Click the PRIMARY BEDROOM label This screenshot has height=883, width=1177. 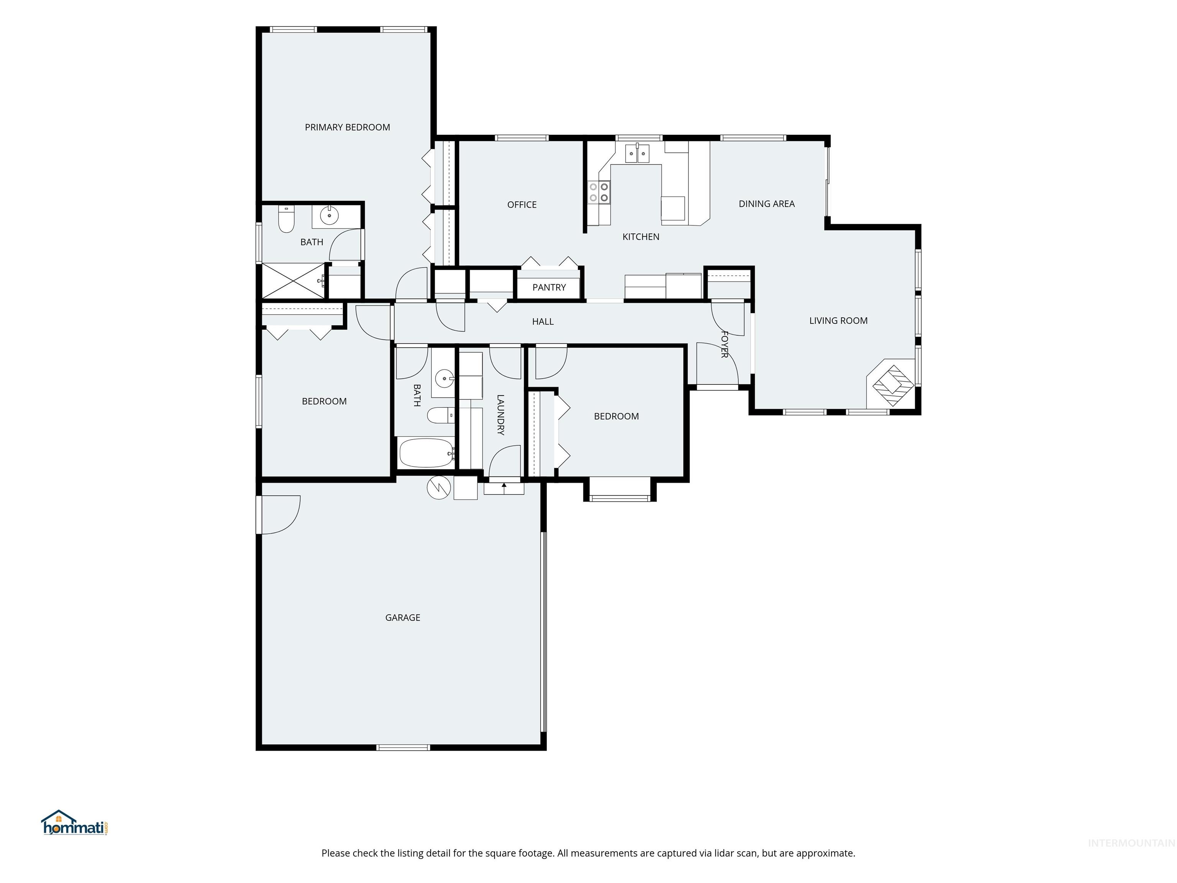pyautogui.click(x=348, y=127)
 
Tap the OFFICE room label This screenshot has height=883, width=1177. pyautogui.click(x=522, y=205)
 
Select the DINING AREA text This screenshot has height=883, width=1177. pyautogui.click(x=767, y=204)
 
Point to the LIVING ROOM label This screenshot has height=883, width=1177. pyautogui.click(x=839, y=321)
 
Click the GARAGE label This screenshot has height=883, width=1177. pyautogui.click(x=403, y=618)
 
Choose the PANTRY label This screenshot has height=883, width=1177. pyautogui.click(x=549, y=287)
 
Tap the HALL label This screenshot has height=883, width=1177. pyautogui.click(x=543, y=322)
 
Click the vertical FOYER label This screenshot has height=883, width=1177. pyautogui.click(x=724, y=345)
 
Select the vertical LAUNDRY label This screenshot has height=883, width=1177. pyautogui.click(x=500, y=415)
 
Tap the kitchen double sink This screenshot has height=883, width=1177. pyautogui.click(x=637, y=154)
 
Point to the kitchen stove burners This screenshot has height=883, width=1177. pyautogui.click(x=598, y=192)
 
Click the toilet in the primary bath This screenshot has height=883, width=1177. pyautogui.click(x=286, y=219)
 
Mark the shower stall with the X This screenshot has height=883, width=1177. pyautogui.click(x=293, y=281)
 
